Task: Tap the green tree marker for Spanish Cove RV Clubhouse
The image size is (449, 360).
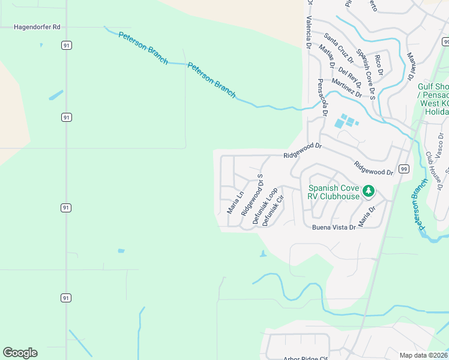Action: pyautogui.click(x=369, y=191)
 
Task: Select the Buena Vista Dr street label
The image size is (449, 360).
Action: pyautogui.click(x=333, y=228)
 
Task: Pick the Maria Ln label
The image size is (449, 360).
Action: pyautogui.click(x=235, y=203)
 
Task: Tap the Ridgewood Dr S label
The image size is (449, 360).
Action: pyautogui.click(x=252, y=196)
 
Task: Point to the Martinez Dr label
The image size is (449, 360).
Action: pyautogui.click(x=346, y=88)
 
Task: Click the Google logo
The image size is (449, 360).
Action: pyautogui.click(x=20, y=353)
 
